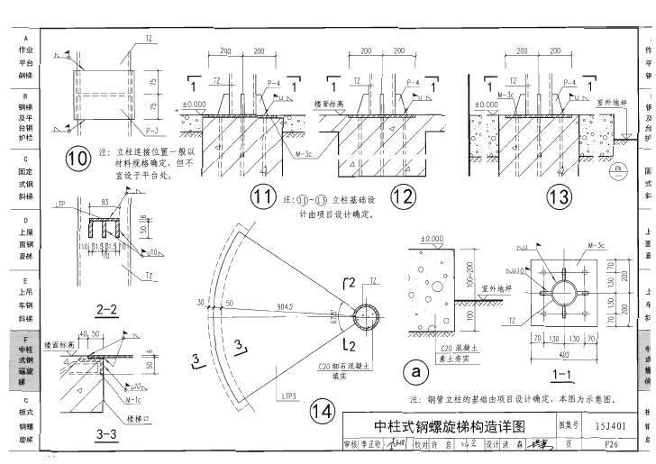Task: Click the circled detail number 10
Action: click(77, 159)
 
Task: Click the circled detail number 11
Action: click(261, 196)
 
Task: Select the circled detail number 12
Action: click(403, 196)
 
